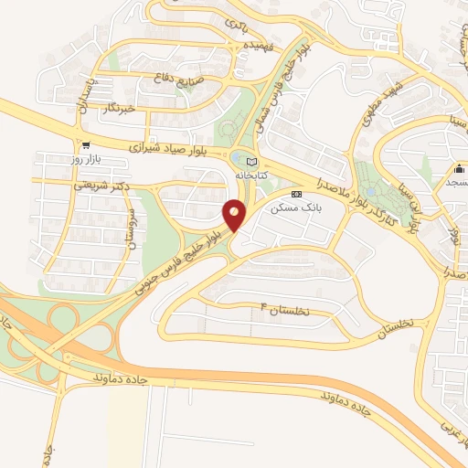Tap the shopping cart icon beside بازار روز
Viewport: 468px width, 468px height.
coord(86,144)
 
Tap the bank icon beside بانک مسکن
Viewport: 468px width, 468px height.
coord(295,195)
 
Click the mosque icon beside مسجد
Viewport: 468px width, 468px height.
coord(460,170)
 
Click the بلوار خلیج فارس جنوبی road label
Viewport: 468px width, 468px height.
coord(190,253)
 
